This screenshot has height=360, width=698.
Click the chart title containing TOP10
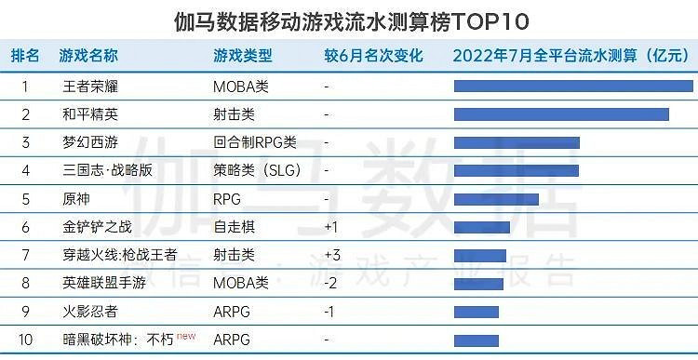(348, 20)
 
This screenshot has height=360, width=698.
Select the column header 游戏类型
(243, 56)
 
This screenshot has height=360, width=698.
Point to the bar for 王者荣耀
(573, 87)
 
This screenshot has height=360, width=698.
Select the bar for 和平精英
(561, 114)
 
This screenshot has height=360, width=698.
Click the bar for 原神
(496, 199)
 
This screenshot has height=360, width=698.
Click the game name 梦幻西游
(89, 142)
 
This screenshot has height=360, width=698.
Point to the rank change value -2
(330, 284)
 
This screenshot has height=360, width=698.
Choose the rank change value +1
(331, 227)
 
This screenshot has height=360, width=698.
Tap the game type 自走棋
(233, 227)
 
